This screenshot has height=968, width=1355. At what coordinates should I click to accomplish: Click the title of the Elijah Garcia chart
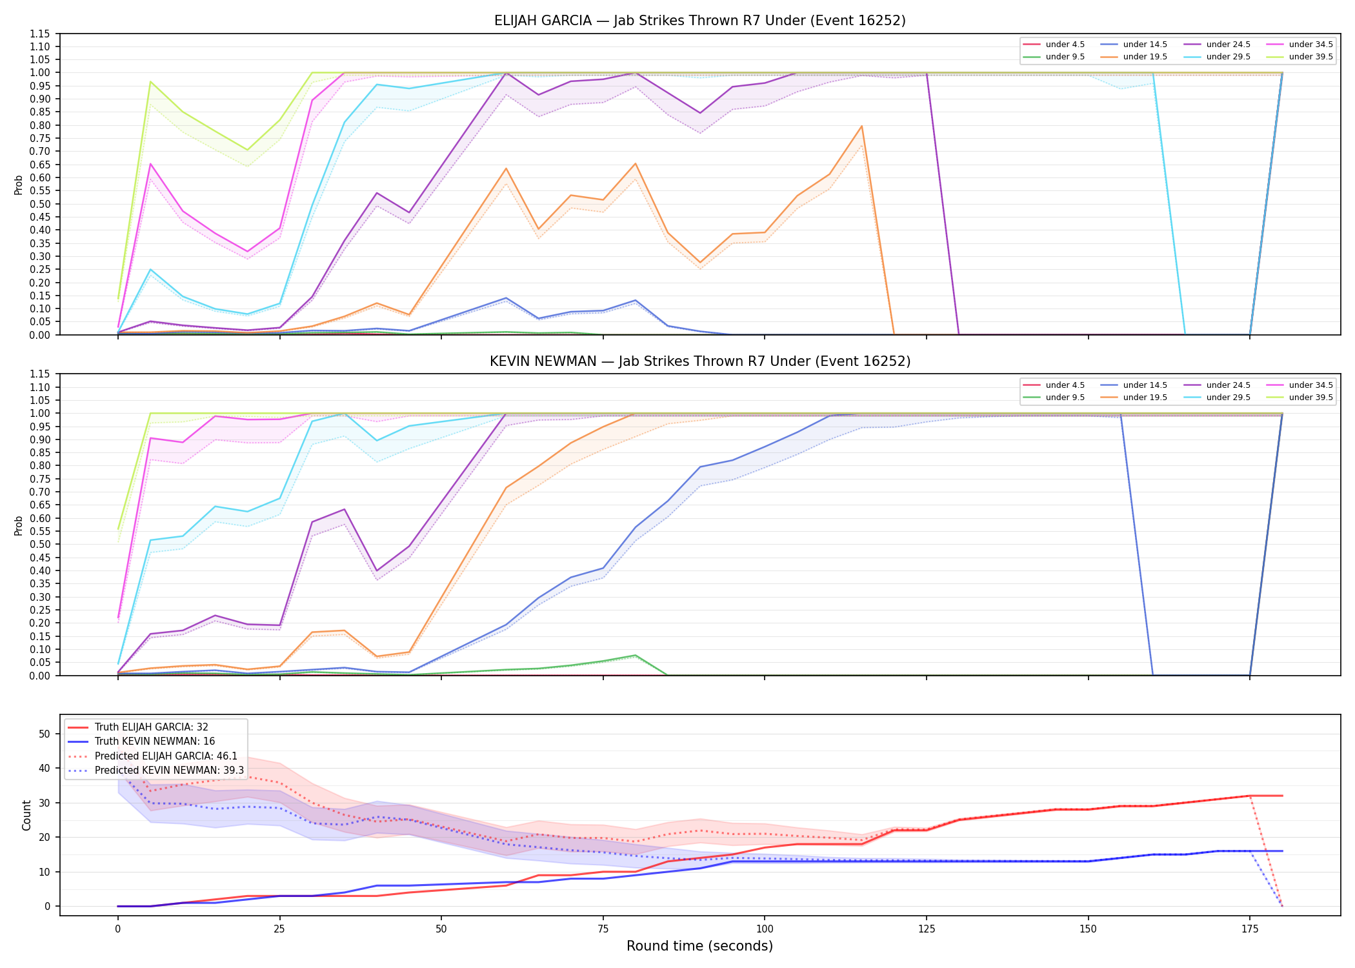click(699, 21)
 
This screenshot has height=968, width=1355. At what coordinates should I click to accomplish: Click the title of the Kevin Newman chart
click(699, 361)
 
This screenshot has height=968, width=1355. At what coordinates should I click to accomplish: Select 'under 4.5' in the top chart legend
click(1065, 45)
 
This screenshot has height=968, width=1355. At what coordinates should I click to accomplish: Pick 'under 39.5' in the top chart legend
click(1311, 57)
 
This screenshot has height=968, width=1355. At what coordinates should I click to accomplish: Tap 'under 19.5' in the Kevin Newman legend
click(1145, 398)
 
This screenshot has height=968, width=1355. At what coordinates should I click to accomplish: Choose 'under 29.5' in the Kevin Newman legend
click(1229, 398)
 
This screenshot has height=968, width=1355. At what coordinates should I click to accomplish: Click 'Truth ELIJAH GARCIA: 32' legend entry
click(152, 727)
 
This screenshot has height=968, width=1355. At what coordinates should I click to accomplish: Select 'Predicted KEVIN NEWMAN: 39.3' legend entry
click(170, 771)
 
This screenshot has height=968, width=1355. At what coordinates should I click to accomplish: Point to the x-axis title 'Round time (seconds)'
click(699, 946)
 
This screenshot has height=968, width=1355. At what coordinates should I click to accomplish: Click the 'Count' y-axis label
click(26, 815)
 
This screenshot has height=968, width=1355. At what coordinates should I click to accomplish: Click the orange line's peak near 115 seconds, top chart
click(861, 126)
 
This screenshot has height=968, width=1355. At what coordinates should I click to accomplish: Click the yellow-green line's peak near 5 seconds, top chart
click(150, 81)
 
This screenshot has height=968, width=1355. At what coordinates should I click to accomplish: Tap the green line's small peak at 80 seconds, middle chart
click(636, 655)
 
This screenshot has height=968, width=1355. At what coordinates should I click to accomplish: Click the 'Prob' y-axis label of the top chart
click(19, 185)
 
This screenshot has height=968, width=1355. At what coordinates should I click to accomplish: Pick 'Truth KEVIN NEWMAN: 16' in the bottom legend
click(155, 741)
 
